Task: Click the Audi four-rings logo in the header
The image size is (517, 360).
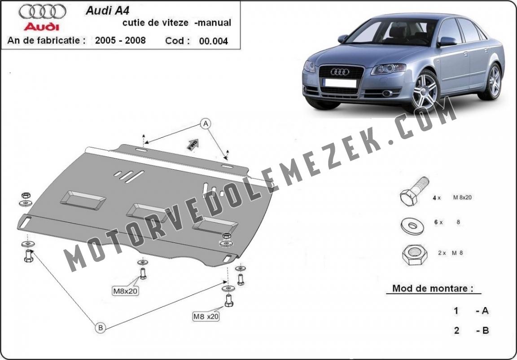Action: pyautogui.click(x=42, y=12)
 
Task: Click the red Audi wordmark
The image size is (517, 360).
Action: pyautogui.click(x=42, y=26)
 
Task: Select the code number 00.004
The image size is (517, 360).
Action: pyautogui.click(x=213, y=41)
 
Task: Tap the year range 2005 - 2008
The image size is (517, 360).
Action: pyautogui.click(x=120, y=40)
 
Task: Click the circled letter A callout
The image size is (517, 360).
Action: pyautogui.click(x=206, y=124)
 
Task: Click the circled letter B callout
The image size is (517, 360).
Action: pyautogui.click(x=101, y=328)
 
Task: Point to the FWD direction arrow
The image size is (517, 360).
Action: pyautogui.click(x=193, y=144)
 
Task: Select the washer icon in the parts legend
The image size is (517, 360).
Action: pyautogui.click(x=412, y=226)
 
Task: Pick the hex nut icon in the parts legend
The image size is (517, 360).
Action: pyautogui.click(x=415, y=255)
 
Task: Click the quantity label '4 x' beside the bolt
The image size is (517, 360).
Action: pyautogui.click(x=437, y=198)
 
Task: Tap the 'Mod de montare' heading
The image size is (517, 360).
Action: pyautogui.click(x=432, y=289)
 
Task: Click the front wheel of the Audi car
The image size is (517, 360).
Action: pyautogui.click(x=425, y=91)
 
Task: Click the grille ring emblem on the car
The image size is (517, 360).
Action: pyautogui.click(x=340, y=71)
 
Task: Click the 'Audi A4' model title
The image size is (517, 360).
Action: pyautogui.click(x=108, y=11)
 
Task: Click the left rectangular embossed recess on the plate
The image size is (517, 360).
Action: pyautogui.click(x=83, y=200)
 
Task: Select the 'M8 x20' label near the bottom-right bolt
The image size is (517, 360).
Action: pyautogui.click(x=206, y=316)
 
